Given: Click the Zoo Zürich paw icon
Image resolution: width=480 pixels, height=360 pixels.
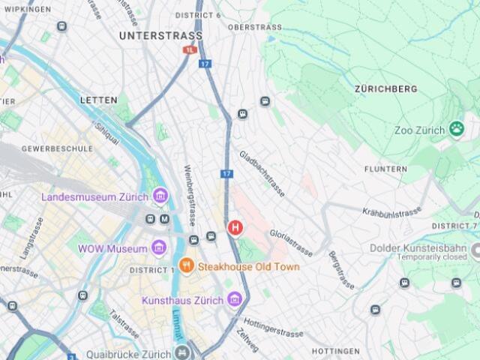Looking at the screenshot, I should coord(457,129).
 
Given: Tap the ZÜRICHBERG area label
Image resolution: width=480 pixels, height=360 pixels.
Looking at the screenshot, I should coord(385,88).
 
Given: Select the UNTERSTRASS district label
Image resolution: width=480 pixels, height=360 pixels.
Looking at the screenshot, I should coord(160,35).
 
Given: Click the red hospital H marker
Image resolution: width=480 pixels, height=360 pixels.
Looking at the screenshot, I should coord(235,226).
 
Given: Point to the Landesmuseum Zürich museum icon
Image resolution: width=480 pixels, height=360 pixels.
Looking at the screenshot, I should coord(160,196).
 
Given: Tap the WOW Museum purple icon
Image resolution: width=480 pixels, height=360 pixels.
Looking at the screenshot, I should coord(158,247).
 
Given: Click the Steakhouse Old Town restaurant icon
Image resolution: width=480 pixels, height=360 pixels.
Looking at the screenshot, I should coord(187,266).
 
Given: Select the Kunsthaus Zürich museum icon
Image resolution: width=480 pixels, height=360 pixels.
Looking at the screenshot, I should coord(235,300).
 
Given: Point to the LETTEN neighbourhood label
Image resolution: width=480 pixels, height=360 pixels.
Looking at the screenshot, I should coord(99,100).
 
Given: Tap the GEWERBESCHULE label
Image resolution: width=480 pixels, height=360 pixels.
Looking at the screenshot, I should coord(57,148).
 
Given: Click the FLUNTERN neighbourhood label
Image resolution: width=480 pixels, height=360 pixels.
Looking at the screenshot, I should coord(385,169).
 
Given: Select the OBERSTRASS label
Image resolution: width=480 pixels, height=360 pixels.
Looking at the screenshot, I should coord(255,27).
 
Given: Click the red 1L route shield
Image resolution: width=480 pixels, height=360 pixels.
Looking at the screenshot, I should coord(189,49).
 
